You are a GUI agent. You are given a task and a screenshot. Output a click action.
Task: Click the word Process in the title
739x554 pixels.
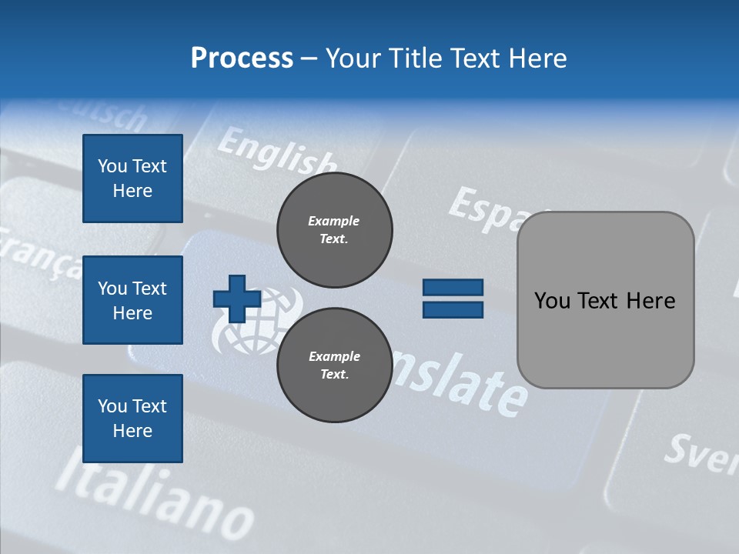click(x=242, y=58)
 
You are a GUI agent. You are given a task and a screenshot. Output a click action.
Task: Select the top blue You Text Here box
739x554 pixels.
click(x=132, y=179)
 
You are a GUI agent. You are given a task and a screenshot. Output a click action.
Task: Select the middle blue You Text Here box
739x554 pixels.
click(x=132, y=300)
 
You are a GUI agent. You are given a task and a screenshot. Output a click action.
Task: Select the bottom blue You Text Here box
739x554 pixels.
click(x=132, y=419)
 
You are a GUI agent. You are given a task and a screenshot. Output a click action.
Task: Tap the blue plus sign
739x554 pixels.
click(x=237, y=299)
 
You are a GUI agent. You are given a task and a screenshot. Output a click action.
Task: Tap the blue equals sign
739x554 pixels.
click(x=453, y=299)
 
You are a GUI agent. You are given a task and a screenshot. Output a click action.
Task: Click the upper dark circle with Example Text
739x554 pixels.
click(x=334, y=230)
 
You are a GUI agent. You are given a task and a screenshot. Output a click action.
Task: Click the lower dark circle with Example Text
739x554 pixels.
click(x=334, y=365)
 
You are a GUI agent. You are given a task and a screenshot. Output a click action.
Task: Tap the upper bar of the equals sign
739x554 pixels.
click(x=453, y=288)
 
